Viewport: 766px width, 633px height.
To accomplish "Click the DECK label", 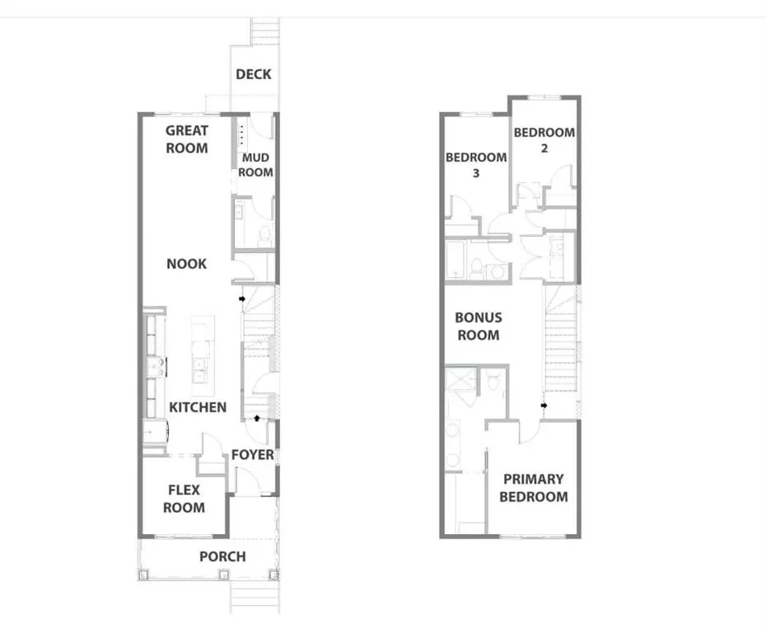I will click(x=253, y=74).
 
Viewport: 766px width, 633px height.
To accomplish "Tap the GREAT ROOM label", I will click(x=187, y=139).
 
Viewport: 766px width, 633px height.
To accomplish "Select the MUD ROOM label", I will click(x=255, y=165).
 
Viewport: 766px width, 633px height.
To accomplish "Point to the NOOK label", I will click(x=186, y=264).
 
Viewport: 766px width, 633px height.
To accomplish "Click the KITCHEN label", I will click(x=198, y=407).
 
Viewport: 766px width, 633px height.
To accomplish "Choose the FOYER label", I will click(x=252, y=455).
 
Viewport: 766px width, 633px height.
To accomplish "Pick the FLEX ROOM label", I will click(x=184, y=499).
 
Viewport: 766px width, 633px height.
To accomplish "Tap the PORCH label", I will click(x=222, y=556).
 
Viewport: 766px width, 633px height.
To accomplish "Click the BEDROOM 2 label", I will click(x=544, y=140).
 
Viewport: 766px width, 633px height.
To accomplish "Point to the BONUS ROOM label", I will click(x=479, y=326).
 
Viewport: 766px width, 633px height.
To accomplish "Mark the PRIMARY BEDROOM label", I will click(x=533, y=488).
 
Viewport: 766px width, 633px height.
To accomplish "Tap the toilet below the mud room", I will click(x=264, y=236).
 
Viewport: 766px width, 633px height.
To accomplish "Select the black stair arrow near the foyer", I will click(x=260, y=419).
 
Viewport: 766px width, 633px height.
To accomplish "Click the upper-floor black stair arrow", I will click(x=544, y=406).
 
